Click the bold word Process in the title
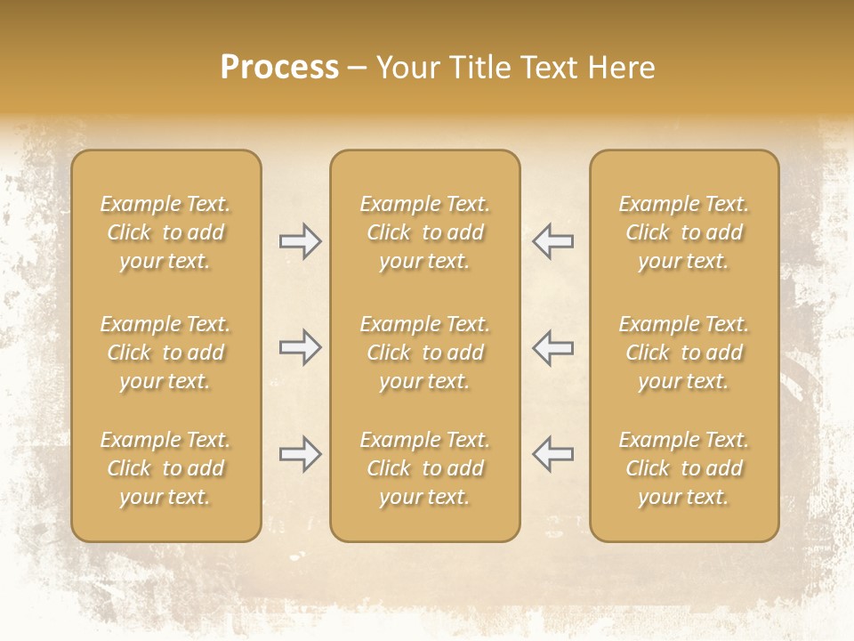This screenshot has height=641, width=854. [279, 68]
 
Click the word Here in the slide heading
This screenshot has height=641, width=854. [621, 68]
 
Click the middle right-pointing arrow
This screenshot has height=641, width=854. [300, 347]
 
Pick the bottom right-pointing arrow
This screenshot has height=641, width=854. [300, 454]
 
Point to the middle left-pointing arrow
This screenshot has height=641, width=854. [553, 347]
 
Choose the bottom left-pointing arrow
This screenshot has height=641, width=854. [553, 454]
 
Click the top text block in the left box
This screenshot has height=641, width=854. [165, 232]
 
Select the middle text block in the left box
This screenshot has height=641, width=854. [165, 353]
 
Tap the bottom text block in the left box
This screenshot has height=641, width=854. [165, 468]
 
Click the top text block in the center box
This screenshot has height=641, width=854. [425, 232]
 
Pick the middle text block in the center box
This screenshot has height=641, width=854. [425, 353]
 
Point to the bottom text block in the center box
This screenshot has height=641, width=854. [425, 468]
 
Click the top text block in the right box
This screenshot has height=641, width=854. [684, 232]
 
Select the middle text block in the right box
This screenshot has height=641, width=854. [684, 353]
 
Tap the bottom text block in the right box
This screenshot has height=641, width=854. [684, 468]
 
